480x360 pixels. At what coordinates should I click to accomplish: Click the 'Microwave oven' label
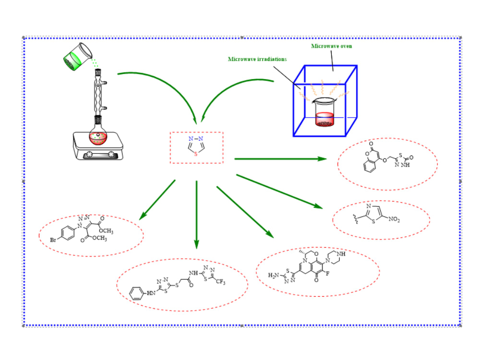[332, 46]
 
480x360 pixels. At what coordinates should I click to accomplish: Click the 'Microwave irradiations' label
[257, 59]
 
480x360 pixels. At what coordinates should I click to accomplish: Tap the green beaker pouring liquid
[75, 57]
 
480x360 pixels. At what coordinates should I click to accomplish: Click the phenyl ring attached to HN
[138, 291]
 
